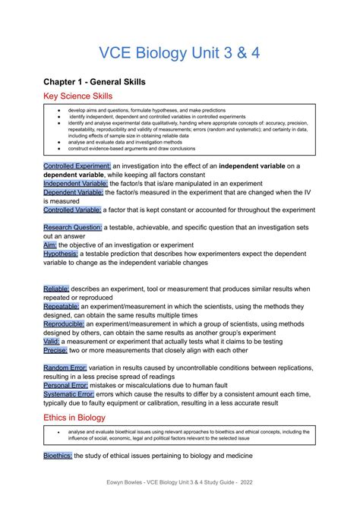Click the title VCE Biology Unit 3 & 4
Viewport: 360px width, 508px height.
pos(180,55)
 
